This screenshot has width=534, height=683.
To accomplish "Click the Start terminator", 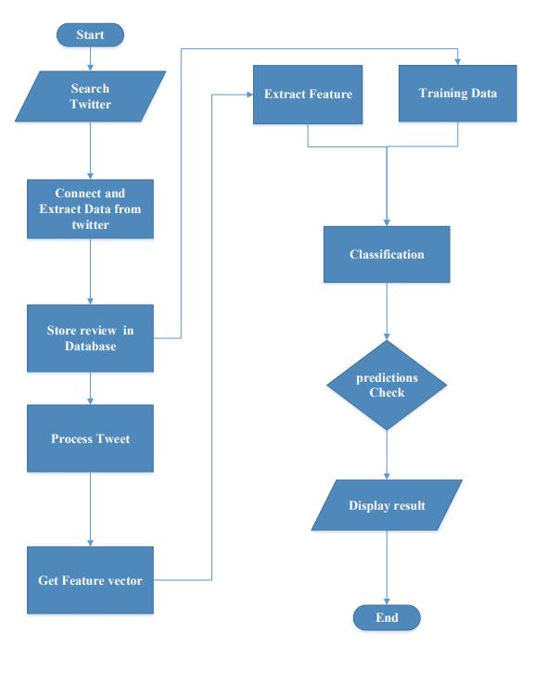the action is tap(90, 35).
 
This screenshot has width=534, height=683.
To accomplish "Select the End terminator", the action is tap(387, 617).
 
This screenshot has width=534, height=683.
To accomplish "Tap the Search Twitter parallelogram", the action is tap(90, 96).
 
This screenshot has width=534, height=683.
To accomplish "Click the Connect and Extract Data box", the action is tap(90, 209).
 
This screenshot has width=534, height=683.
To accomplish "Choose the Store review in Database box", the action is tap(90, 338).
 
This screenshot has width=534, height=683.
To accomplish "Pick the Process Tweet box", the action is tap(90, 438).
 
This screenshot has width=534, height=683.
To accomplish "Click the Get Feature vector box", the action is tap(90, 580).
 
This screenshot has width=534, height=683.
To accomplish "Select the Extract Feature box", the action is tap(308, 95).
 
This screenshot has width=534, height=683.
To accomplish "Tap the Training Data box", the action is tap(458, 94).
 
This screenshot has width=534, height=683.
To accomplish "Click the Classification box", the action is tap(387, 254).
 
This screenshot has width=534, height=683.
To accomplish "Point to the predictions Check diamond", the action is tap(387, 386).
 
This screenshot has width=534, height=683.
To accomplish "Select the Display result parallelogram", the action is tap(387, 505).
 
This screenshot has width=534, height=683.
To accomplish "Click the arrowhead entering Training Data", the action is tap(458, 62).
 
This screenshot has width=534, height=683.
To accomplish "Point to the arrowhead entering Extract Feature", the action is tap(250, 95).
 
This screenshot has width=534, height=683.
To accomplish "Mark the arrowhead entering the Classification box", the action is tap(387, 223).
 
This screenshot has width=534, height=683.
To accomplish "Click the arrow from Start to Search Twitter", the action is tap(90, 58).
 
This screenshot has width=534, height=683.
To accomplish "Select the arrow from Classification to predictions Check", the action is tap(387, 311).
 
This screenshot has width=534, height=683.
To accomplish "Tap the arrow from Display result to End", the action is tap(387, 567).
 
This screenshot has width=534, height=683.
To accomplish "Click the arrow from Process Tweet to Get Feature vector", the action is tap(90, 509).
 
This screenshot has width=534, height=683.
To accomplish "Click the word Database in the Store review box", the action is tap(90, 347).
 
